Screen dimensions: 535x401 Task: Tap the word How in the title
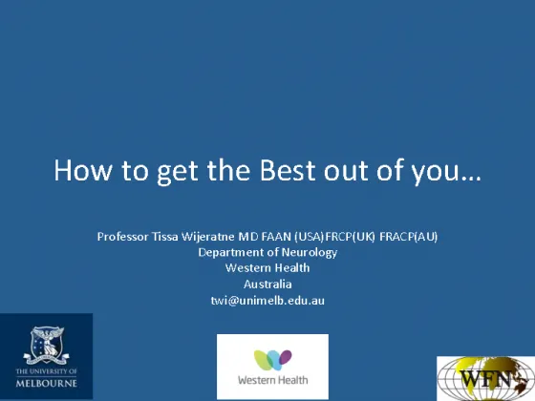(83, 170)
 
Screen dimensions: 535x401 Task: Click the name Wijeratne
(208, 237)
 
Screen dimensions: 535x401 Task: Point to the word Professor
(123, 237)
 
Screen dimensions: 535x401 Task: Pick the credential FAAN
(276, 237)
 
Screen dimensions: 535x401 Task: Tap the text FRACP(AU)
(409, 237)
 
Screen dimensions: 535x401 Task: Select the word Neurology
(310, 253)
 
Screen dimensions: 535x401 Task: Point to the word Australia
(267, 285)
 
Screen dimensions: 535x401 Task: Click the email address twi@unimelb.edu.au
(267, 301)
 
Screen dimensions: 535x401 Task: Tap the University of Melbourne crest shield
(47, 344)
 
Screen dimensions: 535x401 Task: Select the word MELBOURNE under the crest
(47, 383)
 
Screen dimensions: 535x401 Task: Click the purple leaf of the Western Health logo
(286, 357)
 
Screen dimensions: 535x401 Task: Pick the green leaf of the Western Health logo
(262, 360)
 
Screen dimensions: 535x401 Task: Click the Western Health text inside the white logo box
(272, 380)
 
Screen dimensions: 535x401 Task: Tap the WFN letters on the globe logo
(485, 378)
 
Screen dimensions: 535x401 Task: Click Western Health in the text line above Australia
(267, 268)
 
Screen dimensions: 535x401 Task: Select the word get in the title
(177, 172)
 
